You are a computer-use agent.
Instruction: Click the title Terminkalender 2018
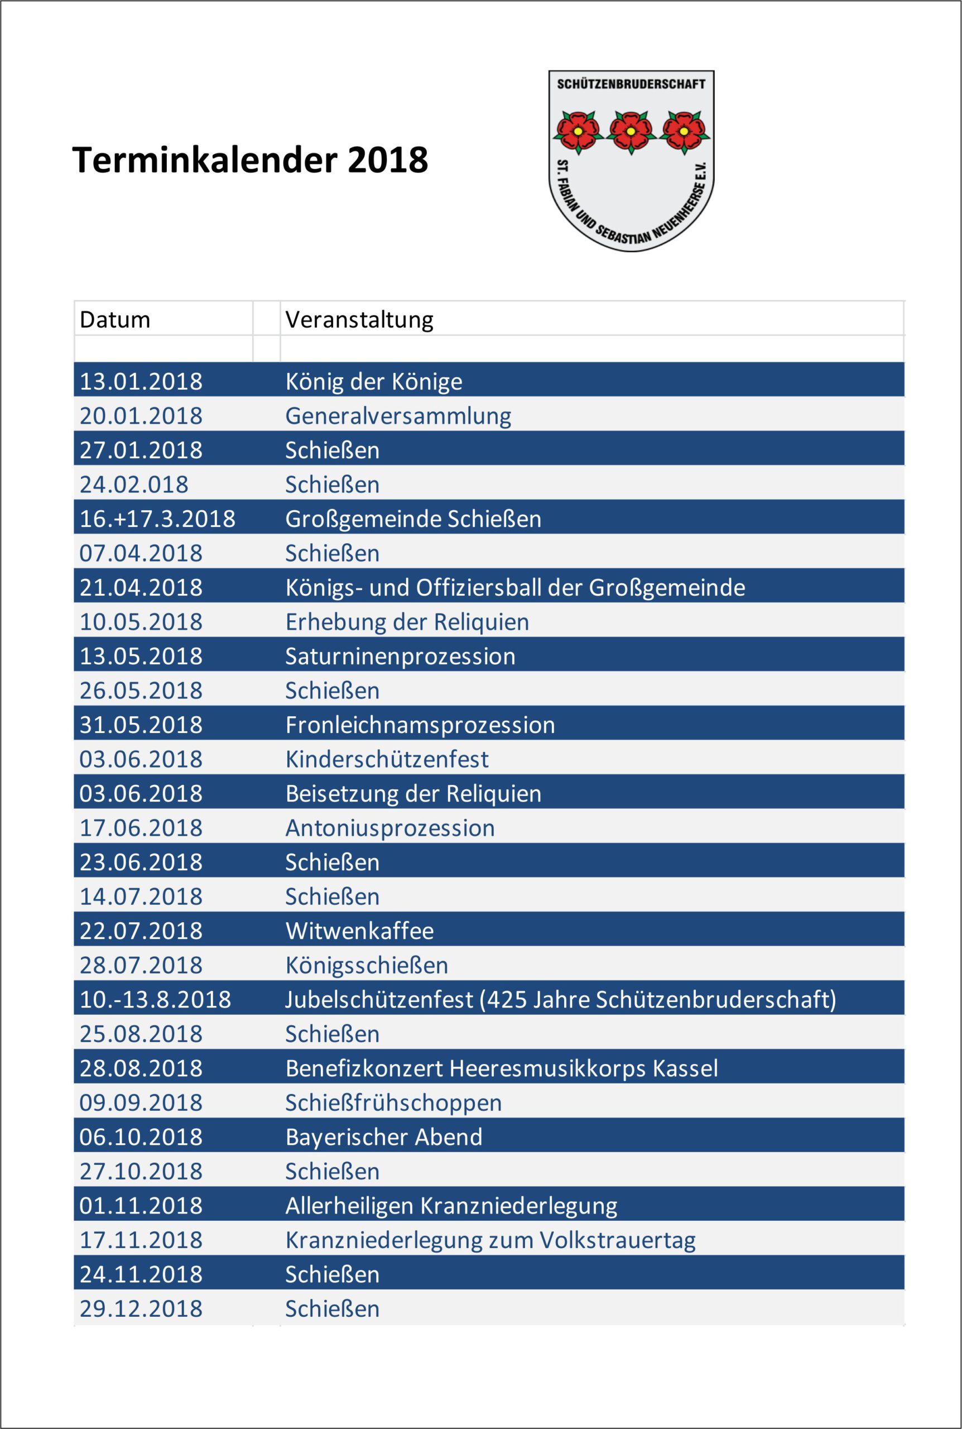[x=249, y=160]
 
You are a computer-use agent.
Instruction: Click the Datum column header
[x=115, y=320]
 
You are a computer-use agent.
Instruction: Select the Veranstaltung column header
[x=359, y=320]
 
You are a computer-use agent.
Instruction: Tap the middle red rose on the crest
[x=631, y=131]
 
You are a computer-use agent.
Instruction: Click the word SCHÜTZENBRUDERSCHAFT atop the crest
[x=631, y=84]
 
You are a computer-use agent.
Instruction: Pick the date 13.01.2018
[x=141, y=382]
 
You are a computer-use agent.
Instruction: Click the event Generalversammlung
[x=397, y=416]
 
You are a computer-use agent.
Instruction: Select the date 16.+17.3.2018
[x=157, y=519]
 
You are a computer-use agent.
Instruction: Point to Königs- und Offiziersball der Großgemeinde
[x=514, y=588]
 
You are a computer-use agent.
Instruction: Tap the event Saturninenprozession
[x=400, y=656]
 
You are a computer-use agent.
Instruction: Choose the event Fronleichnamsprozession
[x=420, y=725]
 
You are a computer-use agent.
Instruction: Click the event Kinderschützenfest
[x=387, y=760]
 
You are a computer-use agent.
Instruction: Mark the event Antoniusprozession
[x=389, y=828]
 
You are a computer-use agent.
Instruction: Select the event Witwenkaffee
[x=359, y=932]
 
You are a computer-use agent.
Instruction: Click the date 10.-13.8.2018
[x=155, y=1000]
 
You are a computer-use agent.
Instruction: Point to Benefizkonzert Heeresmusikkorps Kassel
[x=501, y=1069]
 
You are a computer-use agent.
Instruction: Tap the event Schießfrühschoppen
[x=393, y=1103]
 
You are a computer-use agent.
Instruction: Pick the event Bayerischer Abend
[x=383, y=1138]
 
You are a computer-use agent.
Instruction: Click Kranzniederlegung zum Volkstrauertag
[x=490, y=1241]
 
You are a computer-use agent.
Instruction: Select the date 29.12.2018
[x=141, y=1310]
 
